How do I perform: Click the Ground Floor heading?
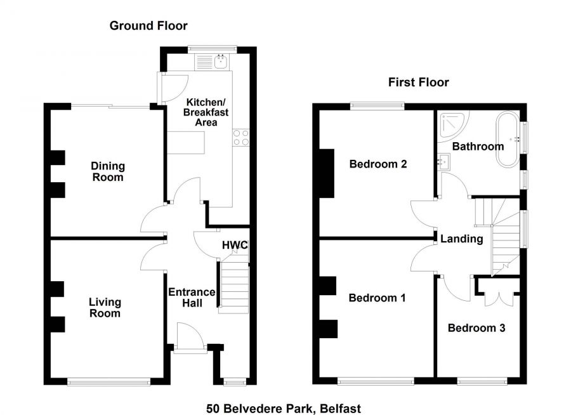[148, 25]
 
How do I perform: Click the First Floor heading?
[418, 82]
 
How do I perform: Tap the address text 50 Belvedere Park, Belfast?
[284, 409]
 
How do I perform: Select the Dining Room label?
[108, 171]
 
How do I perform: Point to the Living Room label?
[105, 308]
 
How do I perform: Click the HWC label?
[234, 246]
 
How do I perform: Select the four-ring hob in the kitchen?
[240, 138]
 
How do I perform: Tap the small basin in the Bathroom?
[442, 162]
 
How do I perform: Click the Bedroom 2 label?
[378, 164]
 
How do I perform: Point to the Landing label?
[463, 239]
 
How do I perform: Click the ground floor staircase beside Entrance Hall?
[233, 289]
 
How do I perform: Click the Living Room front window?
[109, 381]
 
